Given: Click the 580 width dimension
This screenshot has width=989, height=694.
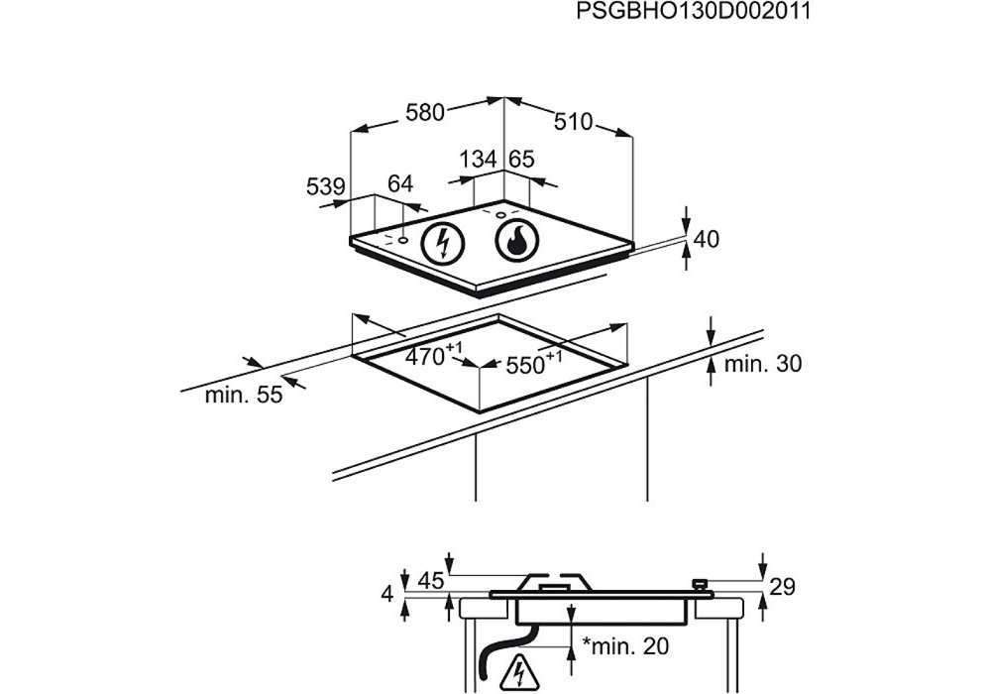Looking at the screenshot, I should (425, 112).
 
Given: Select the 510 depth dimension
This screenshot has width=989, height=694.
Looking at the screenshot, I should (573, 122).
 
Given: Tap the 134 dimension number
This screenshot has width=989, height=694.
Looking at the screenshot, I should (478, 160).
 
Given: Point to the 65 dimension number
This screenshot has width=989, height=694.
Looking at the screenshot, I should (521, 160).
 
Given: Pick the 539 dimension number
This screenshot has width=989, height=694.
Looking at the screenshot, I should (325, 186).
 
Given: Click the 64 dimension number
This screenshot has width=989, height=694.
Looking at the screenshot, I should (399, 183).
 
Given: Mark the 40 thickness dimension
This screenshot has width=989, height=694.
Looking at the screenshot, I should (706, 239).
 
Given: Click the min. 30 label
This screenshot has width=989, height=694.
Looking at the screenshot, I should (762, 364).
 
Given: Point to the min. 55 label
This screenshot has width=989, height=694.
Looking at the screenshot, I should (244, 396).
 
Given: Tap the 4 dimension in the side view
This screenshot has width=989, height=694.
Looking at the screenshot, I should (388, 594).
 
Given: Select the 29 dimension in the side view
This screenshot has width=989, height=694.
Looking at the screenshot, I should (782, 587).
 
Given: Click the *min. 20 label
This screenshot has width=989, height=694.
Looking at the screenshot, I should (625, 647).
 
